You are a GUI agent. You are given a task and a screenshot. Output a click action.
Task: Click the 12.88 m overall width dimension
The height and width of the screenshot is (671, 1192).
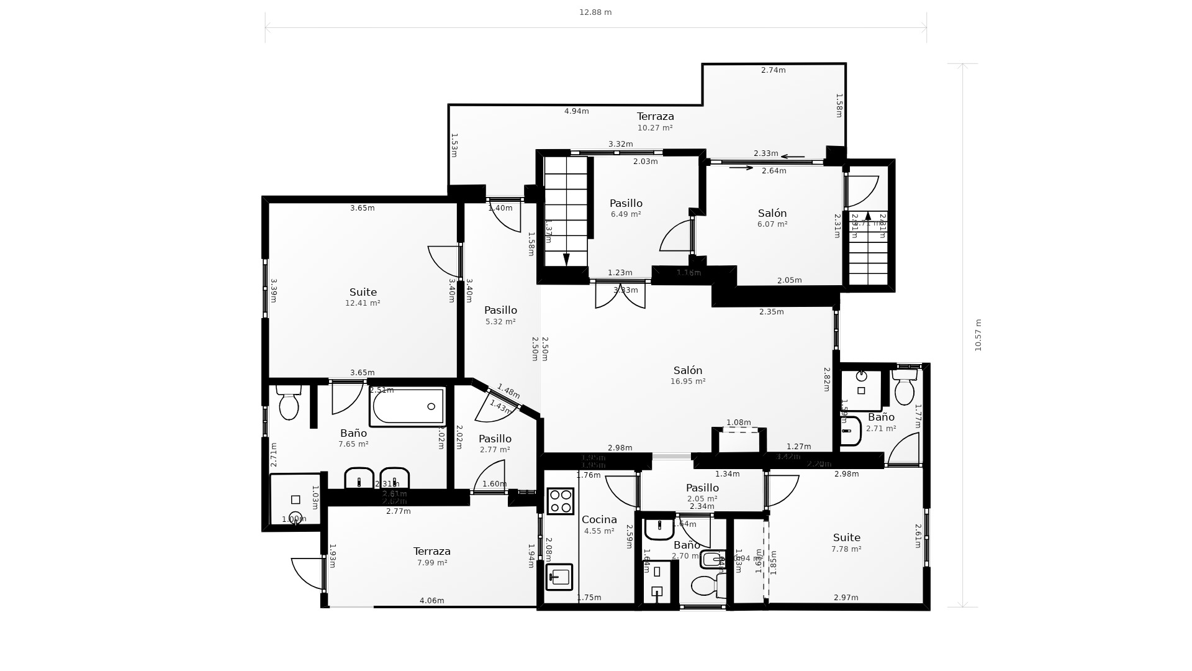595,12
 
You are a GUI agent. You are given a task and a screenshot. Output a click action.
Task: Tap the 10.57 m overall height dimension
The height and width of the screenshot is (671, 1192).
978,335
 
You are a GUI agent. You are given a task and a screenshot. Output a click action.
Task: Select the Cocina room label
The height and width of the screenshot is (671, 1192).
599,519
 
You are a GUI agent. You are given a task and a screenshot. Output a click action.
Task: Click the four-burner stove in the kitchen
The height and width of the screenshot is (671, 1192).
560,501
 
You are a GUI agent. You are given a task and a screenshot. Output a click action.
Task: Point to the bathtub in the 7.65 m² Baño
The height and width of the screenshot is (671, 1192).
407,407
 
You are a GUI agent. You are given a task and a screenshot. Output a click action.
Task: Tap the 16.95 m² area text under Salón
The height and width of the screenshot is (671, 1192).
688,381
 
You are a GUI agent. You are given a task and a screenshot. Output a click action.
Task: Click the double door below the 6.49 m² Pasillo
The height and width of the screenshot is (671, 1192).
620,295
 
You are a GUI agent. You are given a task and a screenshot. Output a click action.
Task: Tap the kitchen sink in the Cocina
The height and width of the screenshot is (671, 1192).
559,577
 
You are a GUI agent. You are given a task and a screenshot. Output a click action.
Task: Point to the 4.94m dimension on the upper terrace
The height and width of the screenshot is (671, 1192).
576,111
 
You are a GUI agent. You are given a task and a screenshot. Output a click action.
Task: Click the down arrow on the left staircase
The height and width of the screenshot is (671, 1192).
566,258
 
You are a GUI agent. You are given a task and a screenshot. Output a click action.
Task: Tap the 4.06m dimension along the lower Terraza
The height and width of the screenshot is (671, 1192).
431,600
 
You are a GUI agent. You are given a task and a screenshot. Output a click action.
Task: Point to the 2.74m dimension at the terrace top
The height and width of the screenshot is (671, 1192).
773,70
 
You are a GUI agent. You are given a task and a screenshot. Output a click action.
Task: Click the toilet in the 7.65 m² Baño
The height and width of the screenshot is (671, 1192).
289,405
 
